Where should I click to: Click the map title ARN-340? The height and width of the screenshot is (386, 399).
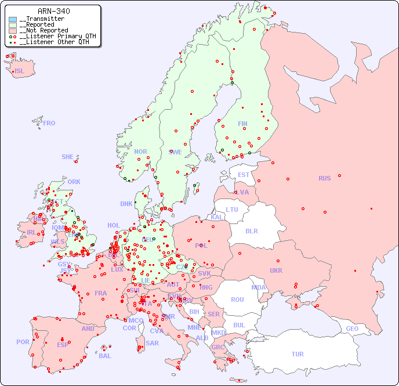click(53, 11)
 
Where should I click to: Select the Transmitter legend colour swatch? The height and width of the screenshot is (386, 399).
click(13, 19)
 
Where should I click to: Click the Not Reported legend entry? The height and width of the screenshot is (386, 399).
click(43, 30)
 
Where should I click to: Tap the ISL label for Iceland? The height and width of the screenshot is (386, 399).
click(19, 71)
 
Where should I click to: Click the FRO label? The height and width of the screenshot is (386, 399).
click(49, 123)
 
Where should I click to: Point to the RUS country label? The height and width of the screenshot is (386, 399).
click(324, 178)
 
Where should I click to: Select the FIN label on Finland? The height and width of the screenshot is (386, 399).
click(242, 124)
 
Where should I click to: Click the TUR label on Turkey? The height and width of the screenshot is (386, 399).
click(298, 354)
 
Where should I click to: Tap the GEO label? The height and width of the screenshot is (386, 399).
click(352, 329)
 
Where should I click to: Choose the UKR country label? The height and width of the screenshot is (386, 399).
click(276, 270)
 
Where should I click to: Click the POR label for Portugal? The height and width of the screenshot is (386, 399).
click(23, 342)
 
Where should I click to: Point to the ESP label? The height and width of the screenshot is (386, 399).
click(63, 344)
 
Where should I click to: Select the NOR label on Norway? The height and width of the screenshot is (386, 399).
click(140, 151)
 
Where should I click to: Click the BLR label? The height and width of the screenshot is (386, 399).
click(252, 230)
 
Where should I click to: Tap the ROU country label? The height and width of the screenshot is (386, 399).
click(237, 300)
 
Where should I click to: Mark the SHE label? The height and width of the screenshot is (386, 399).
click(68, 157)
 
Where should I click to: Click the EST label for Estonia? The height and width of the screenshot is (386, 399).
click(244, 175)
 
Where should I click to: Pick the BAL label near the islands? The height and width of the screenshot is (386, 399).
click(104, 356)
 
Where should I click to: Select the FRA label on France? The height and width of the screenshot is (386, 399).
click(101, 293)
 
